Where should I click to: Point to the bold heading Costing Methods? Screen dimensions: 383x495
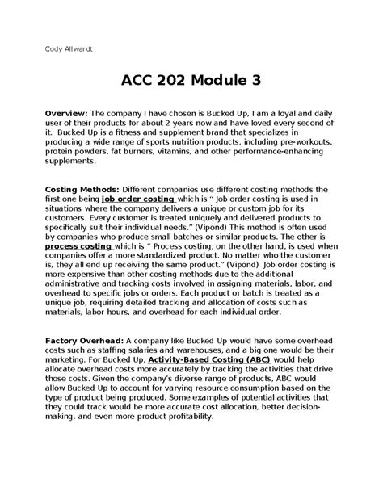click(74, 188)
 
